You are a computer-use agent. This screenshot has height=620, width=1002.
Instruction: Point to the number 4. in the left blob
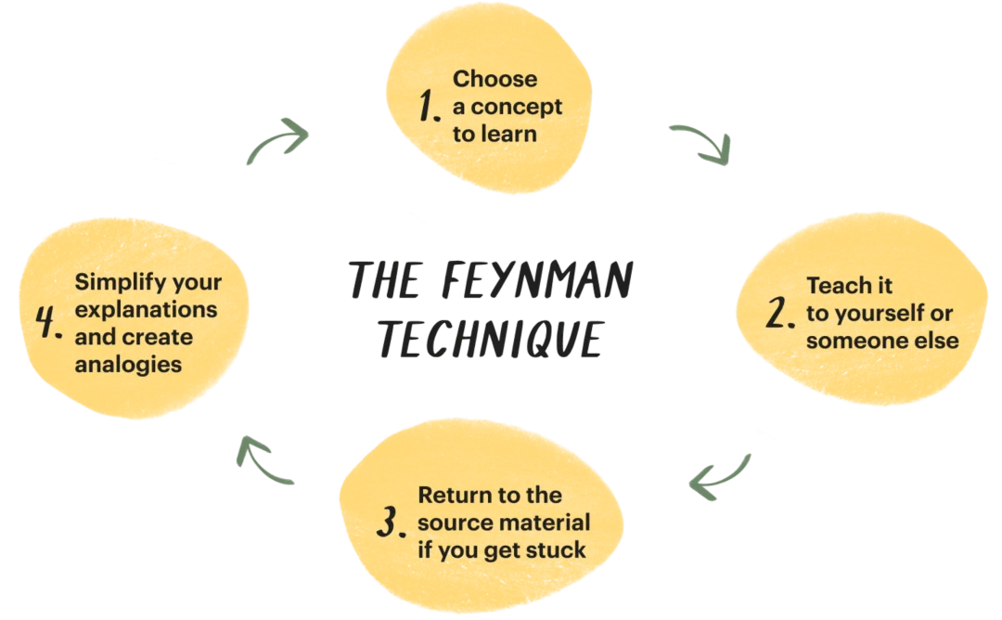click(x=48, y=322)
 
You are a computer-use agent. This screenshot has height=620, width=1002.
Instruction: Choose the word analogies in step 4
click(x=128, y=364)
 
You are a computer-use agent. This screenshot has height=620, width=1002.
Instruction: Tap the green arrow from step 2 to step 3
click(x=721, y=473)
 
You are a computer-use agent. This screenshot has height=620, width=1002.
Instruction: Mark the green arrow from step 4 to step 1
click(x=277, y=142)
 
